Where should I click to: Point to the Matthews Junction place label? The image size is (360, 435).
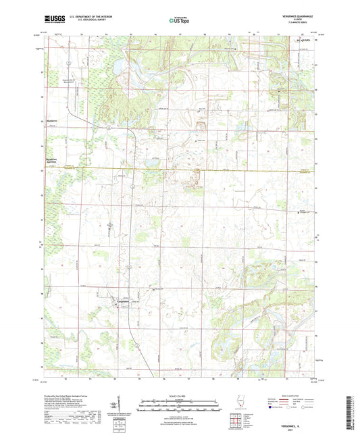pos(46,161)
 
